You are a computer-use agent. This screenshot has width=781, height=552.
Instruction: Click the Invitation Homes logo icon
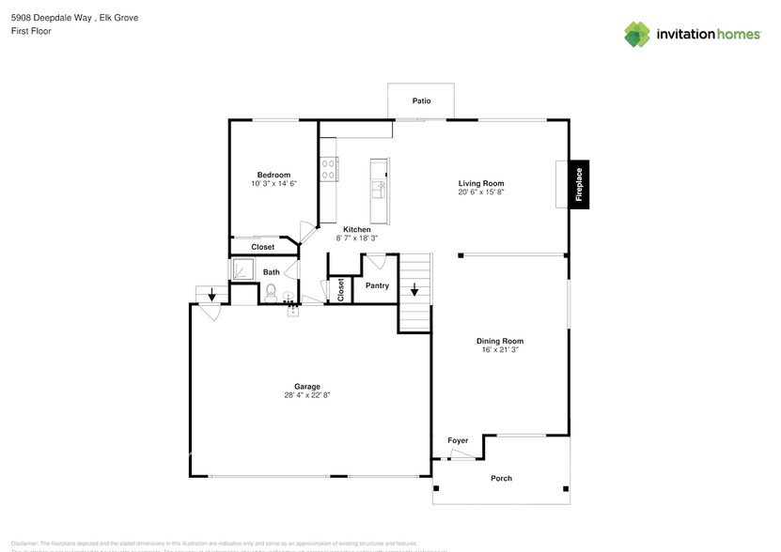click(637, 34)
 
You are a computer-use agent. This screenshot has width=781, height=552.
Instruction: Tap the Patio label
click(422, 100)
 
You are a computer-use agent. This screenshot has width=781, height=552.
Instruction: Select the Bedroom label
click(273, 175)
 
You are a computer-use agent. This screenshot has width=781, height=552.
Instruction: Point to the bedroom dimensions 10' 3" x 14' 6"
click(273, 184)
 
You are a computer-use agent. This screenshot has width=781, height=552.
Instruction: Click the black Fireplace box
click(579, 184)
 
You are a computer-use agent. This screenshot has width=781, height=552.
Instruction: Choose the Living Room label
click(481, 183)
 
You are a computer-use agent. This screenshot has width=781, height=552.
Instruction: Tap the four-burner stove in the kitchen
click(330, 169)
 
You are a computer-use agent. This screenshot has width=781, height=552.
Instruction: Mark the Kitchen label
click(356, 229)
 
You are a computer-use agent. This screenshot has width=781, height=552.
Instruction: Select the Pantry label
click(377, 285)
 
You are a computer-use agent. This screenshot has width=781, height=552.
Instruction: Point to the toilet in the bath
click(273, 293)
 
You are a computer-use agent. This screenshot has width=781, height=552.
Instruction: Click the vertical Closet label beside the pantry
click(340, 289)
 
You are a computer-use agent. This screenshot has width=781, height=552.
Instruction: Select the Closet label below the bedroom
click(263, 247)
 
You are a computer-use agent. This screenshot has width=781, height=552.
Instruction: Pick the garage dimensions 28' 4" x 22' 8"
click(307, 395)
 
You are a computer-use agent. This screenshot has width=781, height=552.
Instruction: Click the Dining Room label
click(499, 341)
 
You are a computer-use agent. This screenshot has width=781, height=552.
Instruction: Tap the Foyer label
click(457, 440)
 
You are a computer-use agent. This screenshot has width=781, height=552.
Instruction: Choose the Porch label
click(501, 478)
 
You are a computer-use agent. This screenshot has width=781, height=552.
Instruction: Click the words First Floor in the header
click(32, 31)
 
